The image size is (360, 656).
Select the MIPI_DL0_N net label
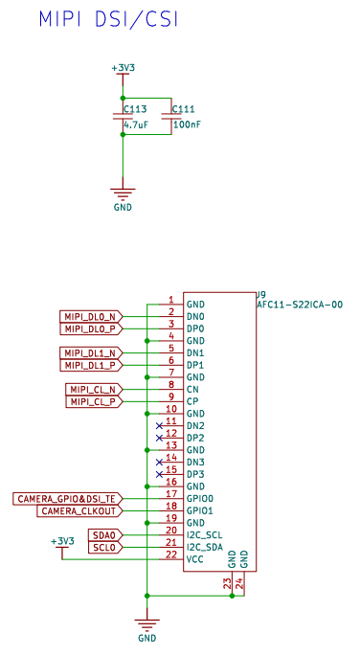pyautogui.click(x=90, y=316)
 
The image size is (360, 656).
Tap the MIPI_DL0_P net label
pyautogui.click(x=90, y=328)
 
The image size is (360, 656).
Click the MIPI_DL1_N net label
pyautogui.click(x=90, y=352)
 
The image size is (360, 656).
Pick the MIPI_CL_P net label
pyautogui.click(x=94, y=401)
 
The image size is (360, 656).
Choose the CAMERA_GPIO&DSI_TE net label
pyautogui.click(x=67, y=498)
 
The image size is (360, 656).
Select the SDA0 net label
pyautogui.click(x=104, y=534)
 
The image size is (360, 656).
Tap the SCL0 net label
pyautogui.click(x=104, y=547)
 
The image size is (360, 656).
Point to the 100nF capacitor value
pyautogui.click(x=187, y=124)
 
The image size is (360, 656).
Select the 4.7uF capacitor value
pyautogui.click(x=136, y=124)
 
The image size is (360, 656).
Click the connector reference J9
pyautogui.click(x=260, y=294)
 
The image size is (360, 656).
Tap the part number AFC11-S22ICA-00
pyautogui.click(x=300, y=305)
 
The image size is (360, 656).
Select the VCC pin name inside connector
pyautogui.click(x=195, y=559)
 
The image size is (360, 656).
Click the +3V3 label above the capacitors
pyautogui.click(x=123, y=68)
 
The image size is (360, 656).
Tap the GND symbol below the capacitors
pyautogui.click(x=123, y=195)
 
